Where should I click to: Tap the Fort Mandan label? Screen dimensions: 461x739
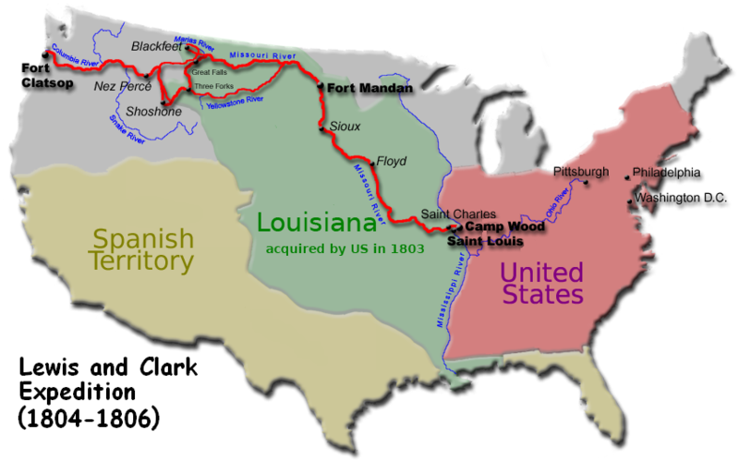[x=369, y=87]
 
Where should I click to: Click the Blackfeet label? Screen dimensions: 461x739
[x=156, y=44]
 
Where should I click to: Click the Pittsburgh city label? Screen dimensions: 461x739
[x=581, y=172]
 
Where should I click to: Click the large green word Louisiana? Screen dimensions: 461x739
[x=315, y=222]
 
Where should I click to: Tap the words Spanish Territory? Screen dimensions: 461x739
[x=142, y=249]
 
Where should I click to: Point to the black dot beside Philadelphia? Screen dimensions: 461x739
[x=627, y=174]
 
